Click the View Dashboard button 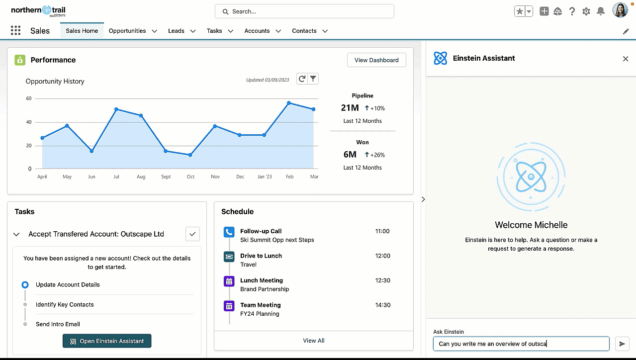[376, 60]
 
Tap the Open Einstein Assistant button [107, 341]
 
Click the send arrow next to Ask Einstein [622, 344]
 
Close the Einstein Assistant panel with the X [626, 59]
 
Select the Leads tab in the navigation [176, 31]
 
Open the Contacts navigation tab [304, 31]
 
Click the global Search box [304, 11]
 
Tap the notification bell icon [601, 11]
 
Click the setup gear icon [586, 11]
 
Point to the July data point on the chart [116, 109]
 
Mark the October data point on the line [190, 155]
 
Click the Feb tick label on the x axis [289, 177]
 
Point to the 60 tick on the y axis [29, 98]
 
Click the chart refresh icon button [301, 79]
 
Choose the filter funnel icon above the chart [313, 79]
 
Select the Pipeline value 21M [350, 108]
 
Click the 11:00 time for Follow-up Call [382, 231]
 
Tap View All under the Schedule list [314, 341]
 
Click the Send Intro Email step [58, 324]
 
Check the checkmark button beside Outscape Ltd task [192, 234]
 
